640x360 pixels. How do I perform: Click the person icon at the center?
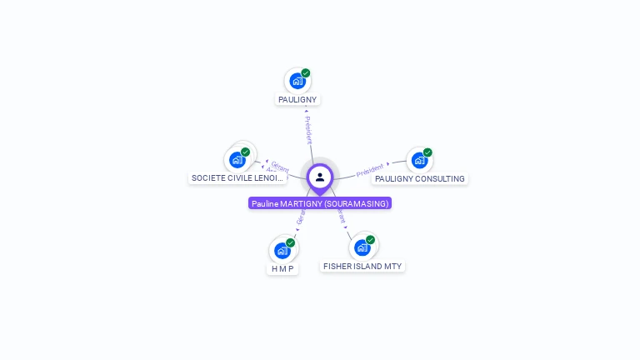click(320, 177)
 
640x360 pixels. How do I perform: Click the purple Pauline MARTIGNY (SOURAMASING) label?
click(320, 203)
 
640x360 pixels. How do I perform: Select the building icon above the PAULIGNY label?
click(297, 82)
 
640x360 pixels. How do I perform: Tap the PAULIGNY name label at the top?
click(297, 100)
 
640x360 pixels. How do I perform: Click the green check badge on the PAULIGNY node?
click(306, 73)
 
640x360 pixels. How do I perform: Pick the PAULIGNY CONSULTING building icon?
click(418, 160)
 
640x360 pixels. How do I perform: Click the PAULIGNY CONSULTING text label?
click(420, 179)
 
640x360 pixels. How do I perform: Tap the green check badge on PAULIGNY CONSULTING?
click(427, 152)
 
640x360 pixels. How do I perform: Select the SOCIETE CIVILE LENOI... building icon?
click(237, 159)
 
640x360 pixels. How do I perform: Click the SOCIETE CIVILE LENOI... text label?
click(237, 178)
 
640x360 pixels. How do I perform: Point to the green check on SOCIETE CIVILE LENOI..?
click(246, 152)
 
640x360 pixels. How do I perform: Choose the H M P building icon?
click(282, 250)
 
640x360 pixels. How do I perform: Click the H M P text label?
click(283, 269)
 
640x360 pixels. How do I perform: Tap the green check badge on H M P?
click(291, 242)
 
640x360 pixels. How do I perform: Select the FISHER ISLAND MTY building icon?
click(362, 247)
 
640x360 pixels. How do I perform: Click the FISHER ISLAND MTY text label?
click(362, 267)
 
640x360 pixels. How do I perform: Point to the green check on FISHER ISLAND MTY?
click(370, 240)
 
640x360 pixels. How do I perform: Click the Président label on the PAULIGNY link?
click(308, 129)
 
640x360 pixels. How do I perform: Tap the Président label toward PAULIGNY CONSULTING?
click(370, 170)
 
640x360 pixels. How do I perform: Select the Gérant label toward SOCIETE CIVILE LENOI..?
click(279, 167)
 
